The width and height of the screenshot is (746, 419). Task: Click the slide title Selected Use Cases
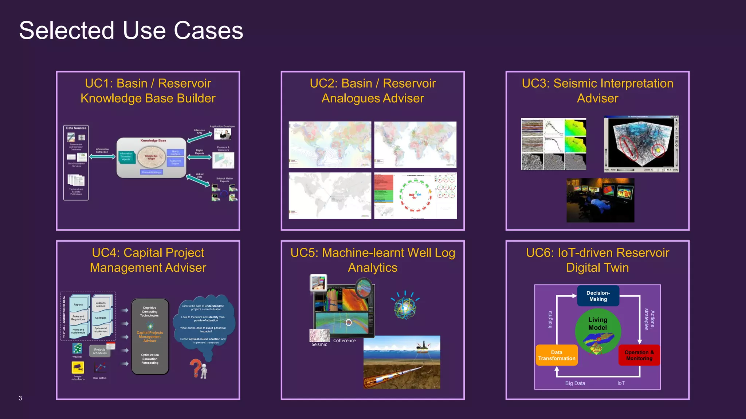131,31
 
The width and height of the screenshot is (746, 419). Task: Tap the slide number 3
20,398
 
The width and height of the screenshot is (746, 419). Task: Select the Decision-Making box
598,296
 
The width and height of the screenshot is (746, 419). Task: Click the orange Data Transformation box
557,355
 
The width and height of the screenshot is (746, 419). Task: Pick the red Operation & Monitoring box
639,355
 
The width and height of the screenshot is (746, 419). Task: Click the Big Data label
575,383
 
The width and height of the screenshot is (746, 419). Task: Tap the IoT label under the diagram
621,383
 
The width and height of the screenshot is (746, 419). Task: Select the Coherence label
344,341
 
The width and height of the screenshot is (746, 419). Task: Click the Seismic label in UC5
319,344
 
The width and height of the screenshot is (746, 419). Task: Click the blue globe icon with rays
405,307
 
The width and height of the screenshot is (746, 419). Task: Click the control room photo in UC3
600,200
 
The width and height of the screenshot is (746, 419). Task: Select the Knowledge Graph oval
151,157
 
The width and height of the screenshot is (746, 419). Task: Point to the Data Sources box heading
76,128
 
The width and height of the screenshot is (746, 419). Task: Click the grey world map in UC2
330,195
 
